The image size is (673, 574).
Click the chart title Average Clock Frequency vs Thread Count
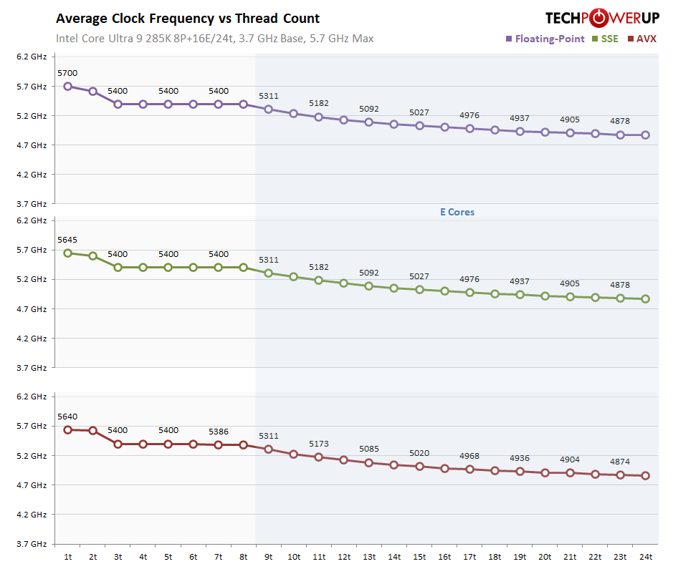click(x=188, y=19)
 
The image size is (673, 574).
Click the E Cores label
click(x=457, y=212)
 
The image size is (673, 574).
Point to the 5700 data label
click(x=67, y=73)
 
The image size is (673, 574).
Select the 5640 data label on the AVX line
click(x=67, y=417)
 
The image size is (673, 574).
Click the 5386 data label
click(x=219, y=432)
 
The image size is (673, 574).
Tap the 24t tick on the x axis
click(x=645, y=556)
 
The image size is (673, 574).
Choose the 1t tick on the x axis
click(x=67, y=556)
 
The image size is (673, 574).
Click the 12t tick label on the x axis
click(x=343, y=556)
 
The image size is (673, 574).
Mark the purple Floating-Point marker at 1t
click(x=67, y=86)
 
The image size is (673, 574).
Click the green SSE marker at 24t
click(x=645, y=299)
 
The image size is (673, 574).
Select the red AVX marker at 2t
click(x=93, y=431)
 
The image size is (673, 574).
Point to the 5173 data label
click(x=319, y=444)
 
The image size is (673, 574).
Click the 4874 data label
click(x=620, y=461)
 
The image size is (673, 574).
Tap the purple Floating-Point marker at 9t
click(x=269, y=109)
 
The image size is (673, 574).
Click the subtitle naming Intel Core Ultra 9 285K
click(x=214, y=39)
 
